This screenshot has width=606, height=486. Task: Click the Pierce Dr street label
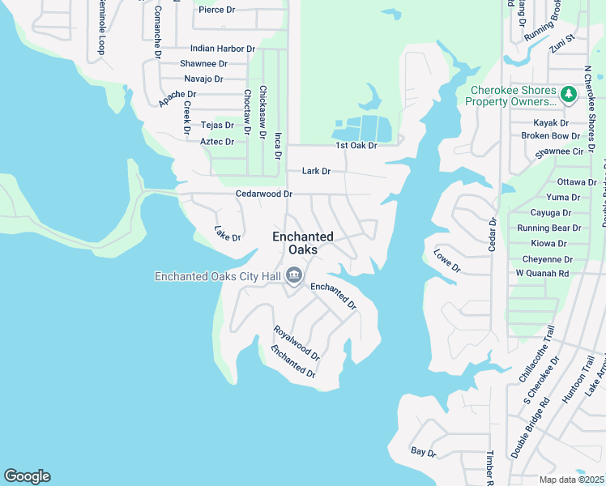[216, 10]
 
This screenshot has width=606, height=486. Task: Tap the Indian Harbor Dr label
[223, 49]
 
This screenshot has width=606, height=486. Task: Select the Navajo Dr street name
[203, 79]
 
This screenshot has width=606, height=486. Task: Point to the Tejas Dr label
[217, 125]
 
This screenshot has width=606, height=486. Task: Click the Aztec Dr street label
[217, 142]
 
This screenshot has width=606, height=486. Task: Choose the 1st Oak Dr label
[356, 146]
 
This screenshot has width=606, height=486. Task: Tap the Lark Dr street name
[316, 171]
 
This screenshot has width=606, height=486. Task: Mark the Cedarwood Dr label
[263, 194]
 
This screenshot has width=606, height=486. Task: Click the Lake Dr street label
[228, 235]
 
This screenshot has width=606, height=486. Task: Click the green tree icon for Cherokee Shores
[569, 95]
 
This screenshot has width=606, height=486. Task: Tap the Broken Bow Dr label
[550, 136]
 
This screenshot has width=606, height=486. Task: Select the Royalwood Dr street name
[297, 343]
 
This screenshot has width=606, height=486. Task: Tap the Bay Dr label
[423, 451]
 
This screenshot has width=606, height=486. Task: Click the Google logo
[27, 476]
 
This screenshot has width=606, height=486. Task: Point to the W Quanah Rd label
[542, 273]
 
